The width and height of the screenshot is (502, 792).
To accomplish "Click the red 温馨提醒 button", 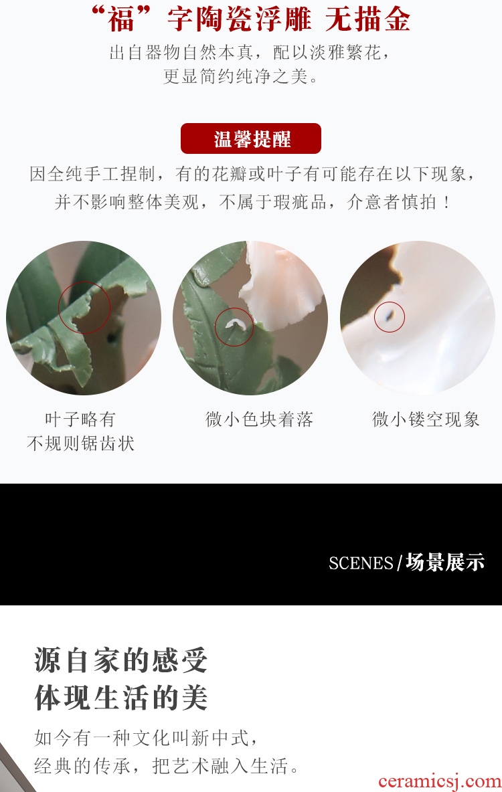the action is coord(251,138).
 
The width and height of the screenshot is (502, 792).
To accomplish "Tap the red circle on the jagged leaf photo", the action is coord(59,307).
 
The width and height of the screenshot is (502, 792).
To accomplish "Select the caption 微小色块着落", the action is coord(259,419).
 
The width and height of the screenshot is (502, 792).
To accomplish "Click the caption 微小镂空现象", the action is coord(426,419).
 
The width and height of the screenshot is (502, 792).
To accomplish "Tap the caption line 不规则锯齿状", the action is coord(80,443).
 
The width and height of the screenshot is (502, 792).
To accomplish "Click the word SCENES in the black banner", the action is coord(361,563).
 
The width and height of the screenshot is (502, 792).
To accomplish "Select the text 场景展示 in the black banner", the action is coord(445,562).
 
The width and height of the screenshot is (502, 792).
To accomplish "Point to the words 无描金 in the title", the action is coord(367,19).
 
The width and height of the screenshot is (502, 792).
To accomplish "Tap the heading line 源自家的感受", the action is coord(121,660).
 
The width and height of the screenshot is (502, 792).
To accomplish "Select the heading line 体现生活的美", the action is coord(121,698).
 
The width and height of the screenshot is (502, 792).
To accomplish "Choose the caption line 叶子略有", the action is coord(80,419).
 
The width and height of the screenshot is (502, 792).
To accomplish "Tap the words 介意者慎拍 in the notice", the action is coord(392,202).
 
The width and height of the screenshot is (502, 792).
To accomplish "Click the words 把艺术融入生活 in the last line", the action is coord(220,766).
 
